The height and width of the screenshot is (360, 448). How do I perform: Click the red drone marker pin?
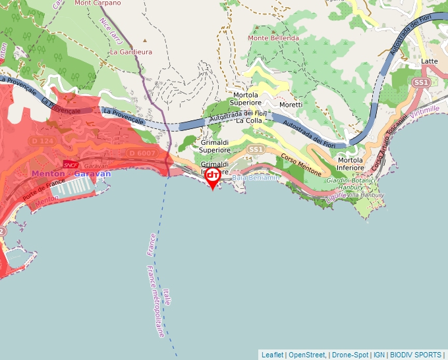point(212,176)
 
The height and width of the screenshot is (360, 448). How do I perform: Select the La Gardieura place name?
point(131,51)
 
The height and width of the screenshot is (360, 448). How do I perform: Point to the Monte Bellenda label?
point(273,38)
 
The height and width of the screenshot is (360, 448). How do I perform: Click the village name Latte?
point(430,61)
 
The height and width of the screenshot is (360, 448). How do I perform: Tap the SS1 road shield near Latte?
point(421,82)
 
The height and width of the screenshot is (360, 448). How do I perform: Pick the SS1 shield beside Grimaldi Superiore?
point(256,150)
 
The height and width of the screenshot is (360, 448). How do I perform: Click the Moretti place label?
point(291,105)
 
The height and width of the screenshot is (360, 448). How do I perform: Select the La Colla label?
point(249,120)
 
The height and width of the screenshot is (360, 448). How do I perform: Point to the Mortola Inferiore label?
point(351,164)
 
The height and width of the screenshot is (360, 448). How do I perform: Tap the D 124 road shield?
point(42,141)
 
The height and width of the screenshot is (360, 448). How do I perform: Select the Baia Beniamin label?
point(256,178)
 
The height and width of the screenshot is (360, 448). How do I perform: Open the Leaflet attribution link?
point(272,355)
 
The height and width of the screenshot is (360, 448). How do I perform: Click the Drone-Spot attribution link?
point(350,355)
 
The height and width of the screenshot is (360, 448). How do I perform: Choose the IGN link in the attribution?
point(379,355)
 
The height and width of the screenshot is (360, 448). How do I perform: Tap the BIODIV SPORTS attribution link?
point(415,355)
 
